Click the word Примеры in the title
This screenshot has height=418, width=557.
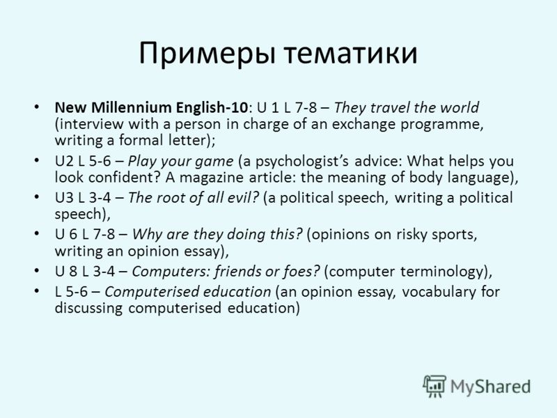coord(207,54)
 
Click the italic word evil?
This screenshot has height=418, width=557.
coord(242,198)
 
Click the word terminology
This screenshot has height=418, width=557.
coord(442,272)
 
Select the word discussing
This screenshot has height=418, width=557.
coord(88,308)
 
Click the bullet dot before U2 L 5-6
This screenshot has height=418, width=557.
coord(37,160)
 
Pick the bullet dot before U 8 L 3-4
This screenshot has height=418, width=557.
coord(37,270)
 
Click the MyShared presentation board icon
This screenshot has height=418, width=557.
coord(434,387)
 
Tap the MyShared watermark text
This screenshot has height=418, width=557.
coord(491,387)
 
